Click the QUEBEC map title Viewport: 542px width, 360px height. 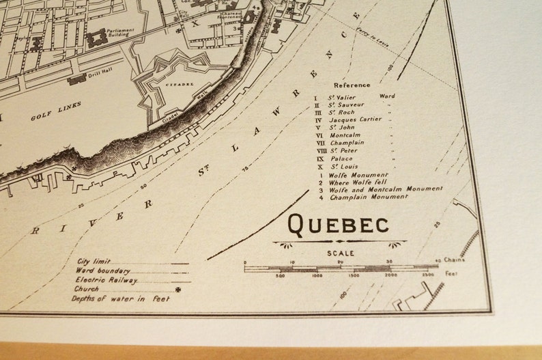pos(339,223)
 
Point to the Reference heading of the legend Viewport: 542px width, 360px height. pos(353,85)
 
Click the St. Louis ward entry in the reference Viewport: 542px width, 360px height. pos(344,166)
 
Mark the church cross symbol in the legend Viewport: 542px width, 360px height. pos(179,289)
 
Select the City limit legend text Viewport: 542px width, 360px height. pos(94,262)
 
